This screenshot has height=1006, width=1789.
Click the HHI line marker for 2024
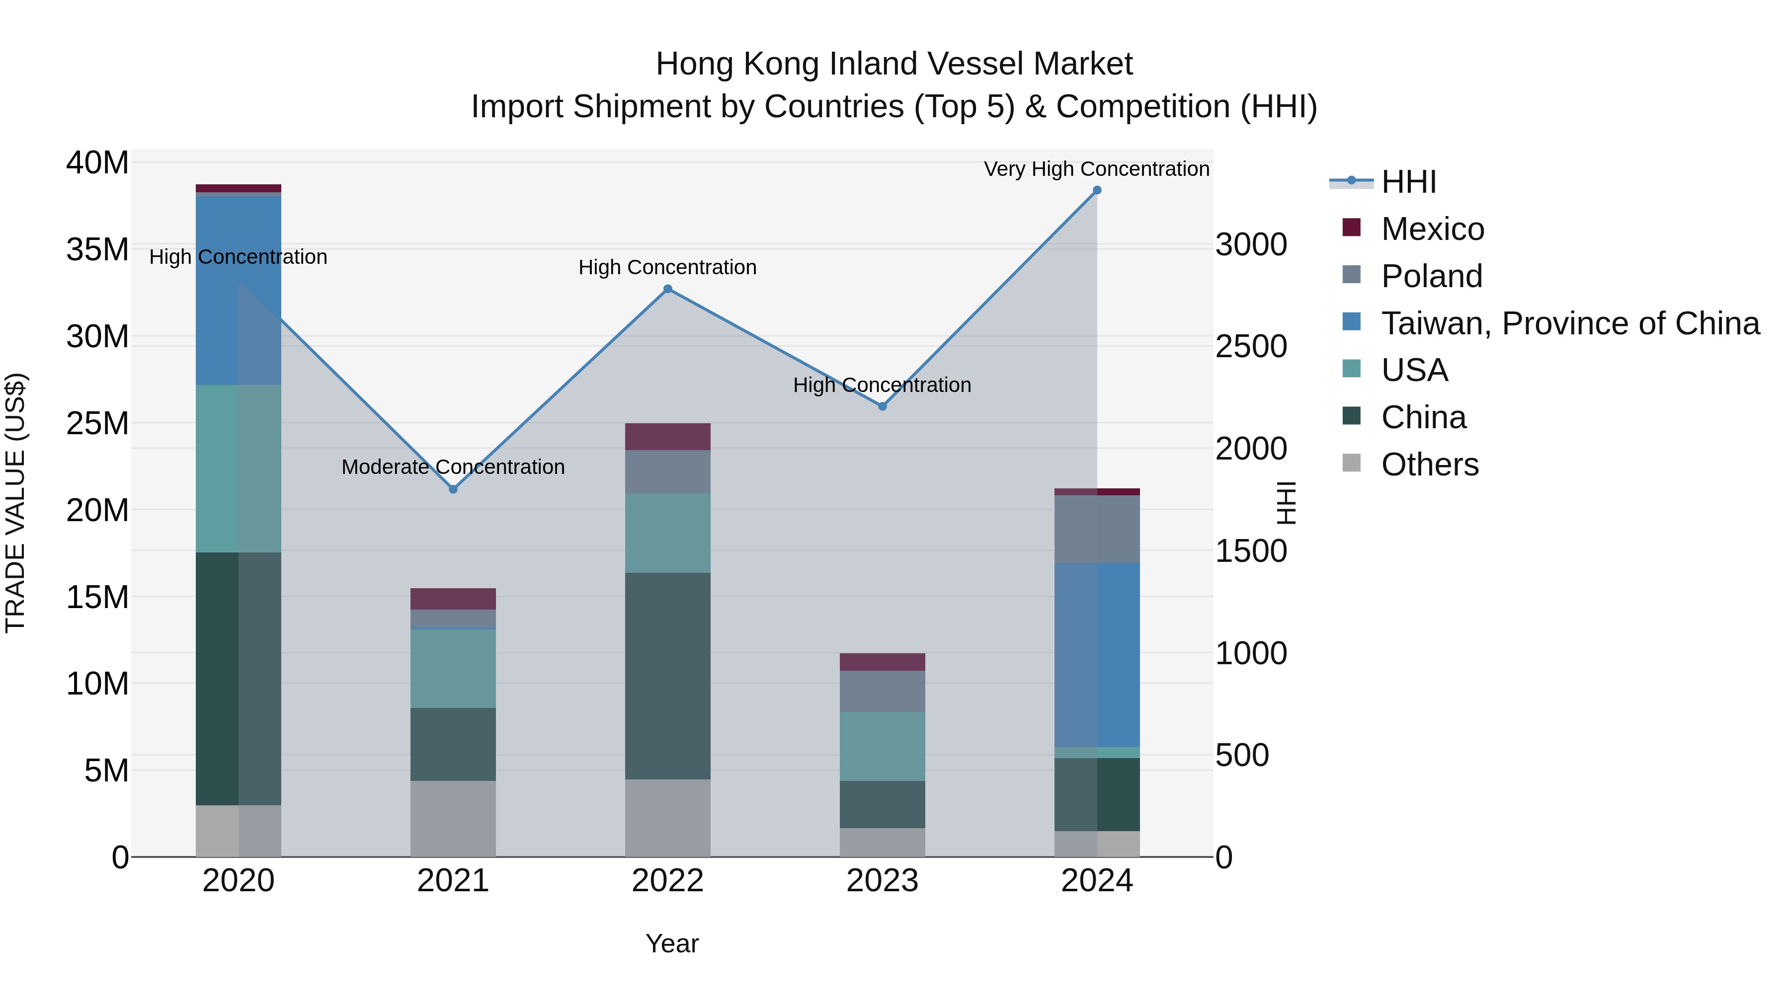(1097, 190)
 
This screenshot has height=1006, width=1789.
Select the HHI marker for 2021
(453, 489)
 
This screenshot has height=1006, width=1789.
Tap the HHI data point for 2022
(667, 289)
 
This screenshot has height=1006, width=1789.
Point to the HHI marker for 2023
(883, 406)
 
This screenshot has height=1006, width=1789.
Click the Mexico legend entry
(1432, 229)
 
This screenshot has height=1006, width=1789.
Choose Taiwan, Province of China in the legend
(1569, 323)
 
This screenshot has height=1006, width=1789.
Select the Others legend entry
(1429, 464)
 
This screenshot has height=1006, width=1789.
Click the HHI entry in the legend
(1408, 182)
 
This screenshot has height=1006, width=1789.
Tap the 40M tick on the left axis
(97, 163)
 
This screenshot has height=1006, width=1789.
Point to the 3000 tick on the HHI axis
(1251, 244)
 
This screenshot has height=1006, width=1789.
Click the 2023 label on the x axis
(882, 881)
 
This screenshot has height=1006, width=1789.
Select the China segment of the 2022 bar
(667, 676)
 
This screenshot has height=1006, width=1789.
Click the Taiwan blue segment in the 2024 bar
(1097, 655)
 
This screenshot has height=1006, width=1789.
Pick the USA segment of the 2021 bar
(453, 669)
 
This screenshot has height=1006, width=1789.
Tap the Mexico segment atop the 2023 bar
(882, 662)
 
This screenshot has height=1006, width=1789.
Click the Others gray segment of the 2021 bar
(453, 819)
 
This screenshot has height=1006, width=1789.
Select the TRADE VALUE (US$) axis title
(15, 503)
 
